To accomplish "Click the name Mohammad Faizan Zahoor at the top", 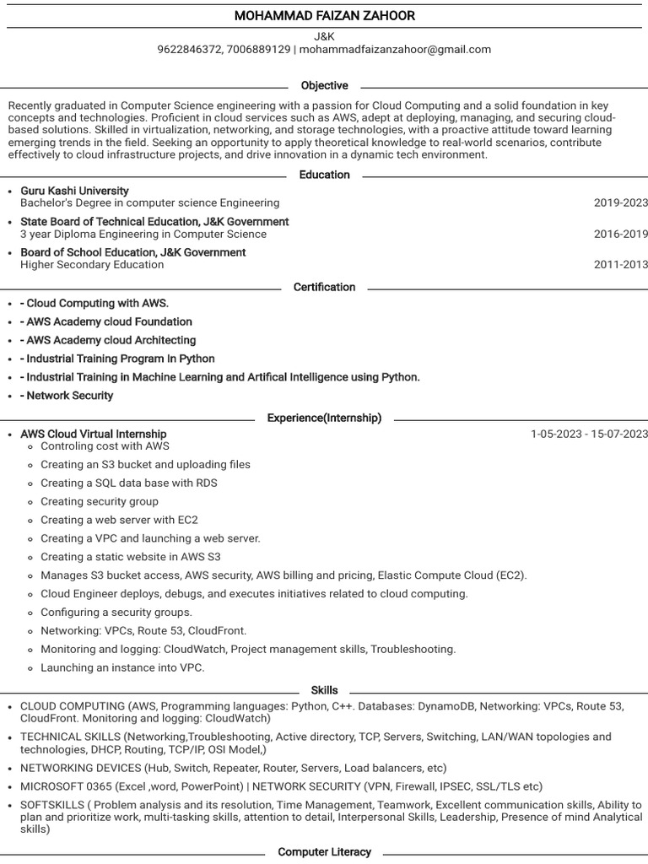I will (x=324, y=16).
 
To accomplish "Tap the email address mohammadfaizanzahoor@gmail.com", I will (x=395, y=50).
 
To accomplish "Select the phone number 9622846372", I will (x=188, y=50).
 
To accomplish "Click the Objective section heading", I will (x=324, y=86).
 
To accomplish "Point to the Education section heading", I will (x=324, y=175).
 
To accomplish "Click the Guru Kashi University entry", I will (x=74, y=191).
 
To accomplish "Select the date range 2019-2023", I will (x=620, y=203).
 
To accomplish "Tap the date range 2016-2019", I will (x=620, y=235).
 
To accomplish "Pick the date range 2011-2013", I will (x=620, y=265).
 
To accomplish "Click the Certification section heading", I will (x=324, y=287).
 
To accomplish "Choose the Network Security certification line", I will (x=67, y=396).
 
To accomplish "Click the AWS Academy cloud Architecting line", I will (x=108, y=340).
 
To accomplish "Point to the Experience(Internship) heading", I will (x=324, y=418).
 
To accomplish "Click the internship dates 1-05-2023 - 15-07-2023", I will (x=589, y=434).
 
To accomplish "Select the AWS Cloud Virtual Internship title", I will (x=94, y=434).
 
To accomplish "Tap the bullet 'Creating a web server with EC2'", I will (x=119, y=520).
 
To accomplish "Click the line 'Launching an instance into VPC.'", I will (x=122, y=667).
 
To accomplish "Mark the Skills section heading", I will (x=324, y=690).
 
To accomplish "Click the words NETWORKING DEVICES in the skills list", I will (x=80, y=769).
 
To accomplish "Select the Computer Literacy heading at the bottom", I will (x=324, y=852).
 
